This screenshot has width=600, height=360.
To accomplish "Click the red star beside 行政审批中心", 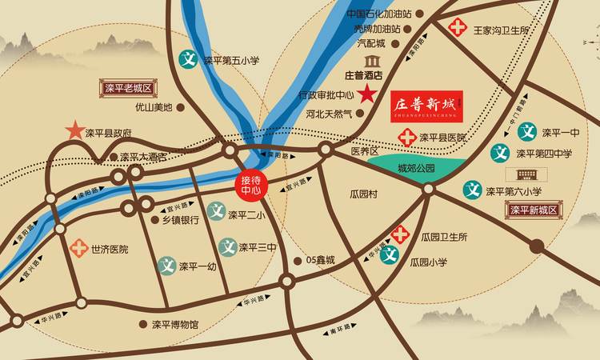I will (367, 94).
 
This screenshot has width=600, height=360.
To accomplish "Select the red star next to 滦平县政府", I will (74, 130).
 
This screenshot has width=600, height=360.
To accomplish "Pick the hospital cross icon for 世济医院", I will (78, 248).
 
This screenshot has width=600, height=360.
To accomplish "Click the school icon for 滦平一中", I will (527, 131).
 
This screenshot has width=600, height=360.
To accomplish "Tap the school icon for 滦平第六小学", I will (472, 190).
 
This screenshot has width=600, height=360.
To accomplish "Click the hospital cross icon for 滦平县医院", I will (408, 137).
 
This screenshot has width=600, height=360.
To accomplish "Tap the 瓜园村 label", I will (369, 194).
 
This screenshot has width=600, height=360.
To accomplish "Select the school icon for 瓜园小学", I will (390, 256).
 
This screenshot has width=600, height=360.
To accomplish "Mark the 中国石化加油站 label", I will (379, 14).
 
